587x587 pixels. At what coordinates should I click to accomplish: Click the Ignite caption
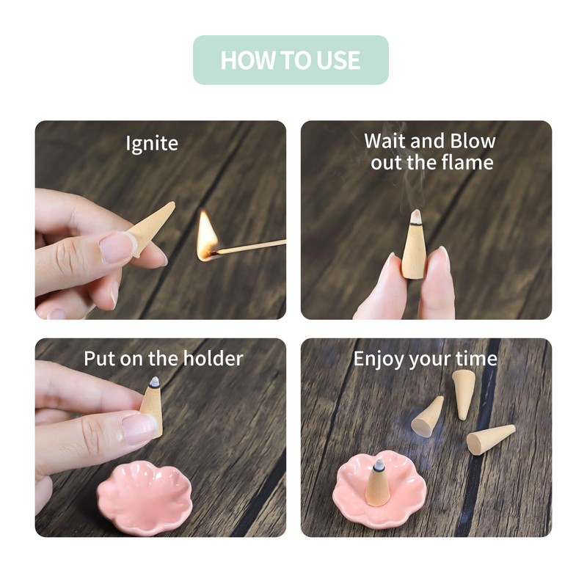[152, 143]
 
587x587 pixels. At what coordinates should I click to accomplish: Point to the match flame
[207, 234]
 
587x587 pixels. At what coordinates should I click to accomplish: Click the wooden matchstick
[248, 247]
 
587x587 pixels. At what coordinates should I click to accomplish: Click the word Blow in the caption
[473, 141]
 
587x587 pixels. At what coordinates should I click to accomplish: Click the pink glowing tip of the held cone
[416, 216]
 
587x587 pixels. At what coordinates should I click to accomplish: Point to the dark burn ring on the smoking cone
[415, 224]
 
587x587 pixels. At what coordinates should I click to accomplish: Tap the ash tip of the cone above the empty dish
[154, 382]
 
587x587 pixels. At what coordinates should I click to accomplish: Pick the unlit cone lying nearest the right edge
[490, 440]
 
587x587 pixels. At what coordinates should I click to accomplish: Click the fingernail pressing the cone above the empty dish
[139, 429]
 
